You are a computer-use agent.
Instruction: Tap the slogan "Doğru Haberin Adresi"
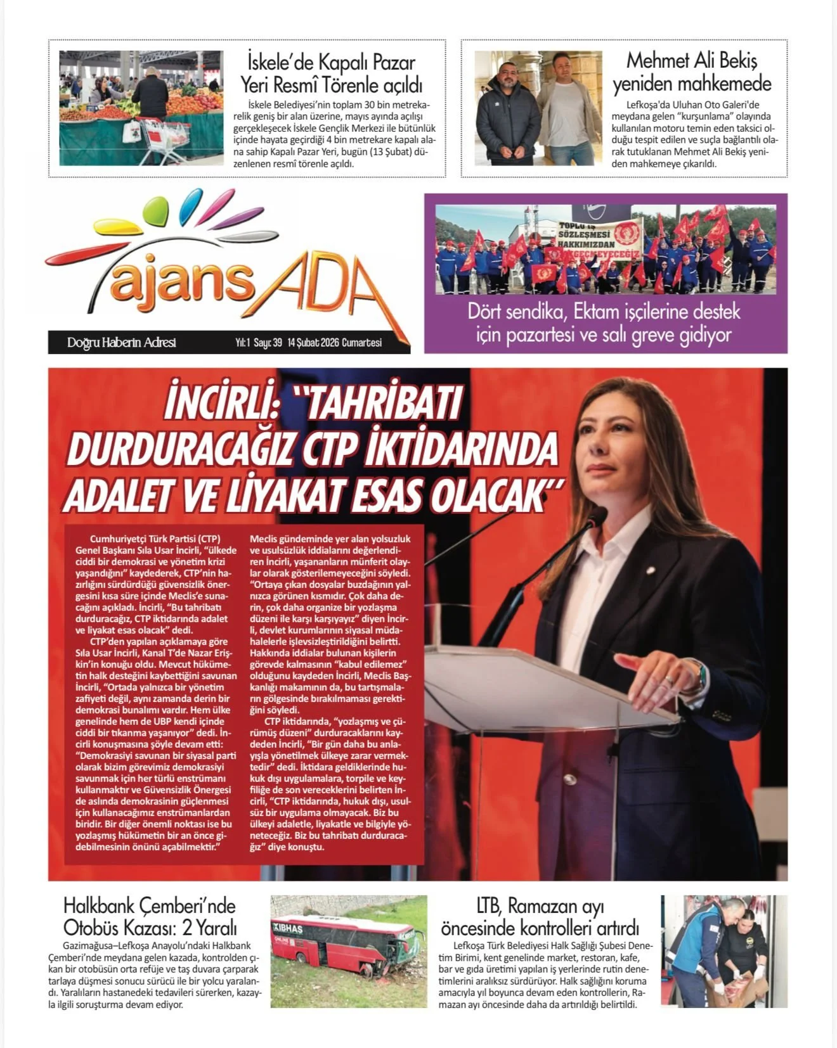(121, 343)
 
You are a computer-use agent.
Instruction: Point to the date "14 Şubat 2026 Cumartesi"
(334, 343)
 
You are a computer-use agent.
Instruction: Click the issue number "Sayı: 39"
(268, 343)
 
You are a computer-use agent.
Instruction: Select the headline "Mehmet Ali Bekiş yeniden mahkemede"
(691, 72)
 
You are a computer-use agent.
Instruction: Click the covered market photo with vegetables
(141, 108)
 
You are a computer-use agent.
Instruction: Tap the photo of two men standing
(538, 108)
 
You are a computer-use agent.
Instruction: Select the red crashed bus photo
(348, 951)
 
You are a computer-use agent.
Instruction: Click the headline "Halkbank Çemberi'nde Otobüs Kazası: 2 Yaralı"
(150, 916)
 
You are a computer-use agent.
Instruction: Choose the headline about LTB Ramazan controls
(540, 916)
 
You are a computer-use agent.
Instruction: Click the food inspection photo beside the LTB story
(723, 951)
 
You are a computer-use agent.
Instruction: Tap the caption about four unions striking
(604, 323)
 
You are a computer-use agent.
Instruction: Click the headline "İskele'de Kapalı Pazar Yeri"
(331, 73)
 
